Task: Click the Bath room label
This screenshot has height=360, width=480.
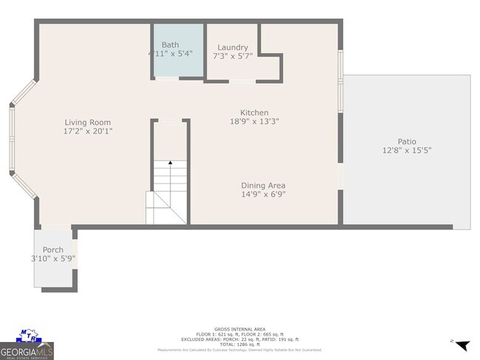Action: (x=170, y=45)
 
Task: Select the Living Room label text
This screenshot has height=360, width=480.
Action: (x=87, y=122)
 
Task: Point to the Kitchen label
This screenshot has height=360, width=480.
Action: (x=254, y=112)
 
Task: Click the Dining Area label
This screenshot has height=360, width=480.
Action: (x=263, y=185)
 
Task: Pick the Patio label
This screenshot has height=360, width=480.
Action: (x=406, y=142)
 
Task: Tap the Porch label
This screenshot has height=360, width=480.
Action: (x=52, y=250)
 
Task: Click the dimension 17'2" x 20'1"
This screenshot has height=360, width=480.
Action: (x=87, y=131)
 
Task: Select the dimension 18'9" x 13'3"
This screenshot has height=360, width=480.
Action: (x=254, y=121)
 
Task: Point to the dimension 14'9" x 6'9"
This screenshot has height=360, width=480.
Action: (x=263, y=194)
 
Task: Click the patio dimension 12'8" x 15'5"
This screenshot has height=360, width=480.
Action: (x=406, y=150)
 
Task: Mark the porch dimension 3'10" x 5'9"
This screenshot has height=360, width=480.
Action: (x=53, y=259)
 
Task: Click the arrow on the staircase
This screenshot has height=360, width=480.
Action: (x=170, y=162)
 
